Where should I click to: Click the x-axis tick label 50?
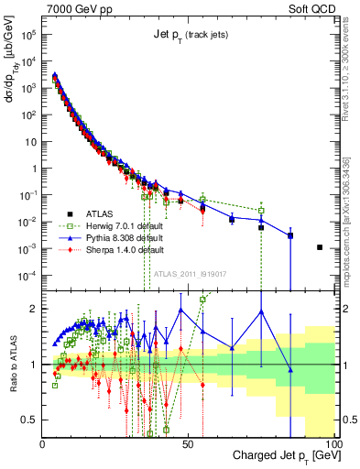click(x=188, y=442)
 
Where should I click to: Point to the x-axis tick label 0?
click(x=43, y=442)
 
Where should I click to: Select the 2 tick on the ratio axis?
click(x=35, y=309)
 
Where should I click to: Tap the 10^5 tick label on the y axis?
click(x=28, y=34)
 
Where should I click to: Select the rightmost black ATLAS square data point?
click(x=320, y=247)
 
